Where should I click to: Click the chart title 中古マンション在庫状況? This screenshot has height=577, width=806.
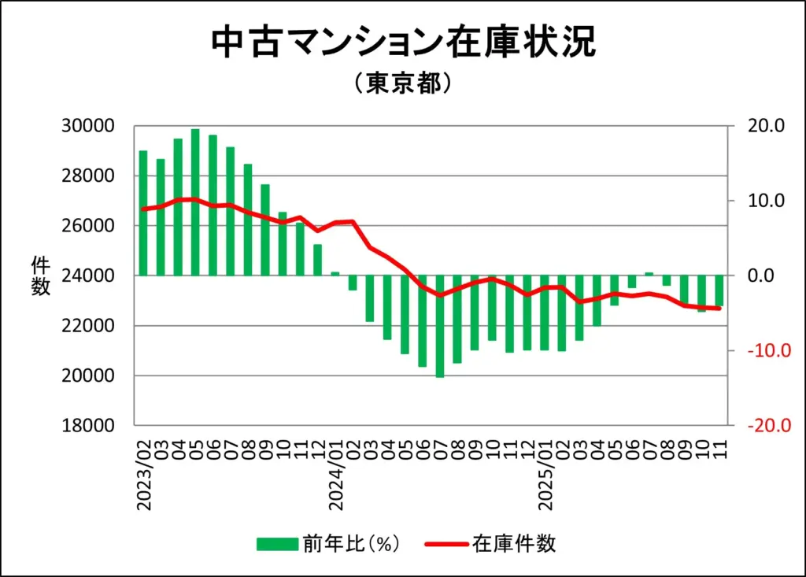point(403,43)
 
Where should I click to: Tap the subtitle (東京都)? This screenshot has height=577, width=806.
point(403,83)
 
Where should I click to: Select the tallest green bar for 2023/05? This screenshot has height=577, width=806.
point(195,202)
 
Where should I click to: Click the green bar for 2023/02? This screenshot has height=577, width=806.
point(143,213)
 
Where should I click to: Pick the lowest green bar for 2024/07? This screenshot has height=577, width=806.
point(440,326)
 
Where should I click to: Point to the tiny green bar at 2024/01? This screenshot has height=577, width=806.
point(335,273)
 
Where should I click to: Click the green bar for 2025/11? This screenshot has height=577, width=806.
point(719,290)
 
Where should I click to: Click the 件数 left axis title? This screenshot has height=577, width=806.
point(40,276)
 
